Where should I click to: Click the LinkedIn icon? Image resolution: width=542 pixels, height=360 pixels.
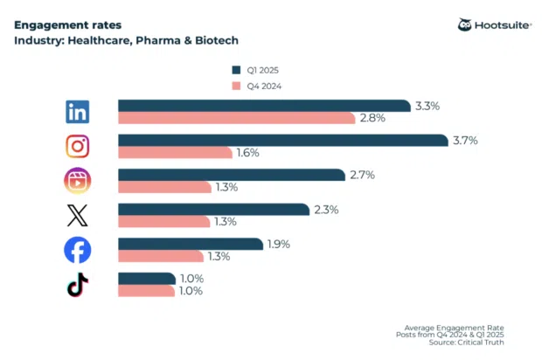(78, 112)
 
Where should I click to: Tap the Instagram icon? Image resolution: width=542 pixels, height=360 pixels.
(78, 146)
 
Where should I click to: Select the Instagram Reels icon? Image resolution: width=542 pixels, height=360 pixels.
(78, 181)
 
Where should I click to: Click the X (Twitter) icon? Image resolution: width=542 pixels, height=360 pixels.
(78, 215)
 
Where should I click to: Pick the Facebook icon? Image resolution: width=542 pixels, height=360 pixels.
(78, 250)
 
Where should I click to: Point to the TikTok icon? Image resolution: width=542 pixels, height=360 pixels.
(78, 285)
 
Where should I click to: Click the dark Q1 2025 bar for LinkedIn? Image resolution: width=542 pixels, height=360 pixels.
(263, 106)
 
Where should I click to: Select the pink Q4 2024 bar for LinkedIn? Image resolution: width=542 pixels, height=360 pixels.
(235, 118)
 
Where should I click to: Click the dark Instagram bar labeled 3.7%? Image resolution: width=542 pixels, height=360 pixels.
(280, 141)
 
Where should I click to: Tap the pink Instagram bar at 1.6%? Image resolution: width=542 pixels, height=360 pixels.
(174, 153)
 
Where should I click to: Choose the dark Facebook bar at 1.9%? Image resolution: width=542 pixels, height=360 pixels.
(190, 245)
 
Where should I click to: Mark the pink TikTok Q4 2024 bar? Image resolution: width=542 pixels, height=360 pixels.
(146, 291)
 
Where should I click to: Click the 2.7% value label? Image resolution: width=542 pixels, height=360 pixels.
(362, 175)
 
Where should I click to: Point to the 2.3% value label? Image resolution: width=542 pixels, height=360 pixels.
(325, 210)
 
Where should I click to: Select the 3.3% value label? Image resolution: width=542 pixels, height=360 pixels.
(427, 106)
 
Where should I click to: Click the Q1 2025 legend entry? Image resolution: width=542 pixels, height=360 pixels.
(256, 70)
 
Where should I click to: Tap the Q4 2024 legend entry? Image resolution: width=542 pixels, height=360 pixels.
(256, 86)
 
